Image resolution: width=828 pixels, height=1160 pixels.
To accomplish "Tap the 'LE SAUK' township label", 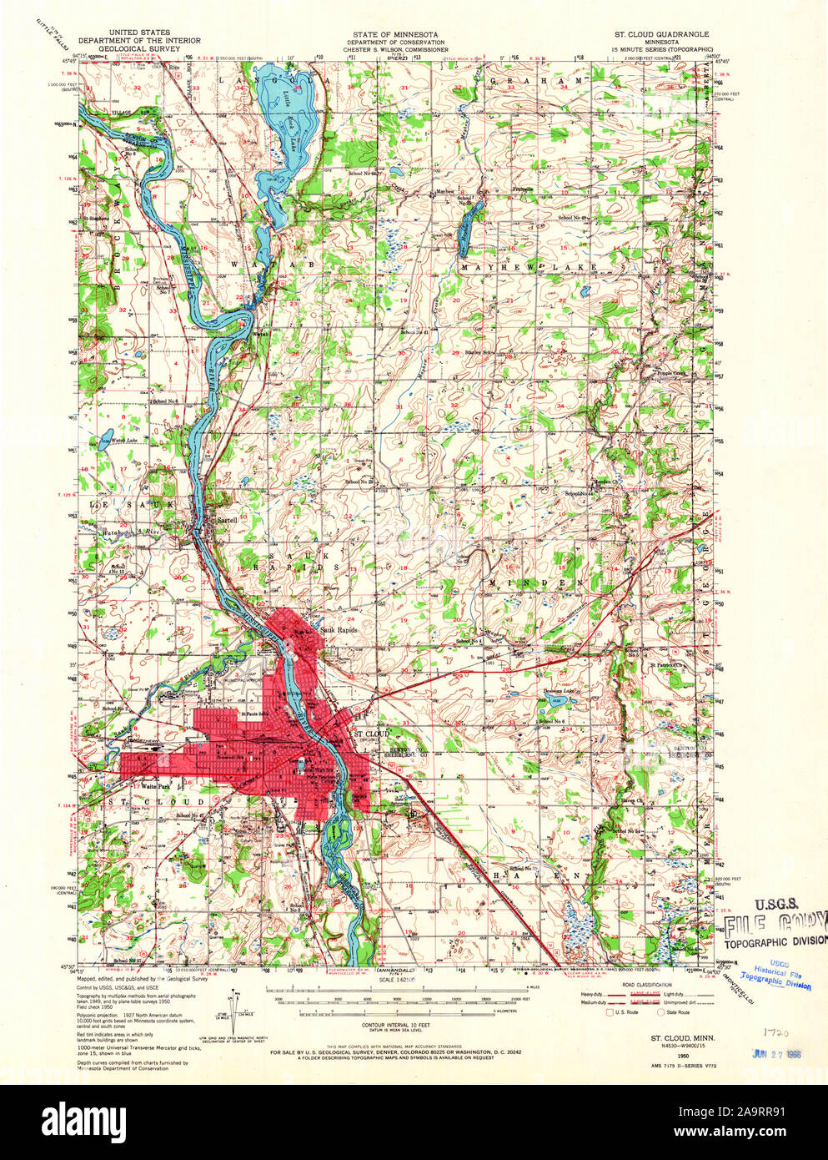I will tap(121, 505).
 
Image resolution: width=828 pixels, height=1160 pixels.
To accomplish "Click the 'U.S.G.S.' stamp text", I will tap(777, 904).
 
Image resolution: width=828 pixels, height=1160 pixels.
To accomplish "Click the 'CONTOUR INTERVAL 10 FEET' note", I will tap(399, 1024).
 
